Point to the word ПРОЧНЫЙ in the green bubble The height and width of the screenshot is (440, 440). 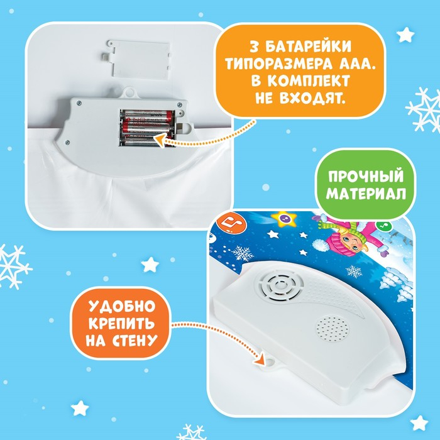point(366,176)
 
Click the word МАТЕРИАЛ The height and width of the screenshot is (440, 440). point(366,194)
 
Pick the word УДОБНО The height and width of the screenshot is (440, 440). point(122,306)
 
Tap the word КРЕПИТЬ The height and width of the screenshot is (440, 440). point(122,323)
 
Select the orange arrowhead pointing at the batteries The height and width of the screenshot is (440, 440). point(159,140)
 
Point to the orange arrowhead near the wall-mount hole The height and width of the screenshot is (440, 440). point(260,358)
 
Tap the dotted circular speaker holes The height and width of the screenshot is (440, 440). point(333,328)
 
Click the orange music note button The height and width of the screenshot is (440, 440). point(231,222)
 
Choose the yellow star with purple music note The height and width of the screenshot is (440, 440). point(285,219)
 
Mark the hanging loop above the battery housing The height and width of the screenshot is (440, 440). point(129,92)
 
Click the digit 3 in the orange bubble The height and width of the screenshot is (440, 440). point(254,47)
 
